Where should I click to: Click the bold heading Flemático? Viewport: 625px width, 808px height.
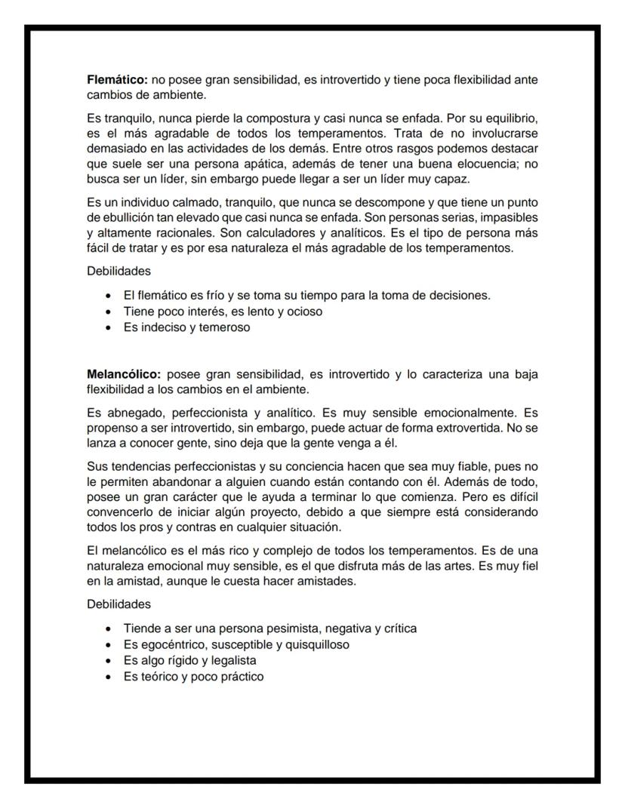(118, 79)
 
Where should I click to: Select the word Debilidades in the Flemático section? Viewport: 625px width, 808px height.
(119, 271)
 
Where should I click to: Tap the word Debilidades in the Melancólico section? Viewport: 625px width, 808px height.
(119, 604)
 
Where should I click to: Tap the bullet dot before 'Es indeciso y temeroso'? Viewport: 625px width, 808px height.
(112, 328)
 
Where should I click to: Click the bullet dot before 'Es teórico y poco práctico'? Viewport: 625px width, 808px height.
(112, 677)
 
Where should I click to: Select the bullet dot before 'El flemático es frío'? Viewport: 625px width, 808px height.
(112, 295)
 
